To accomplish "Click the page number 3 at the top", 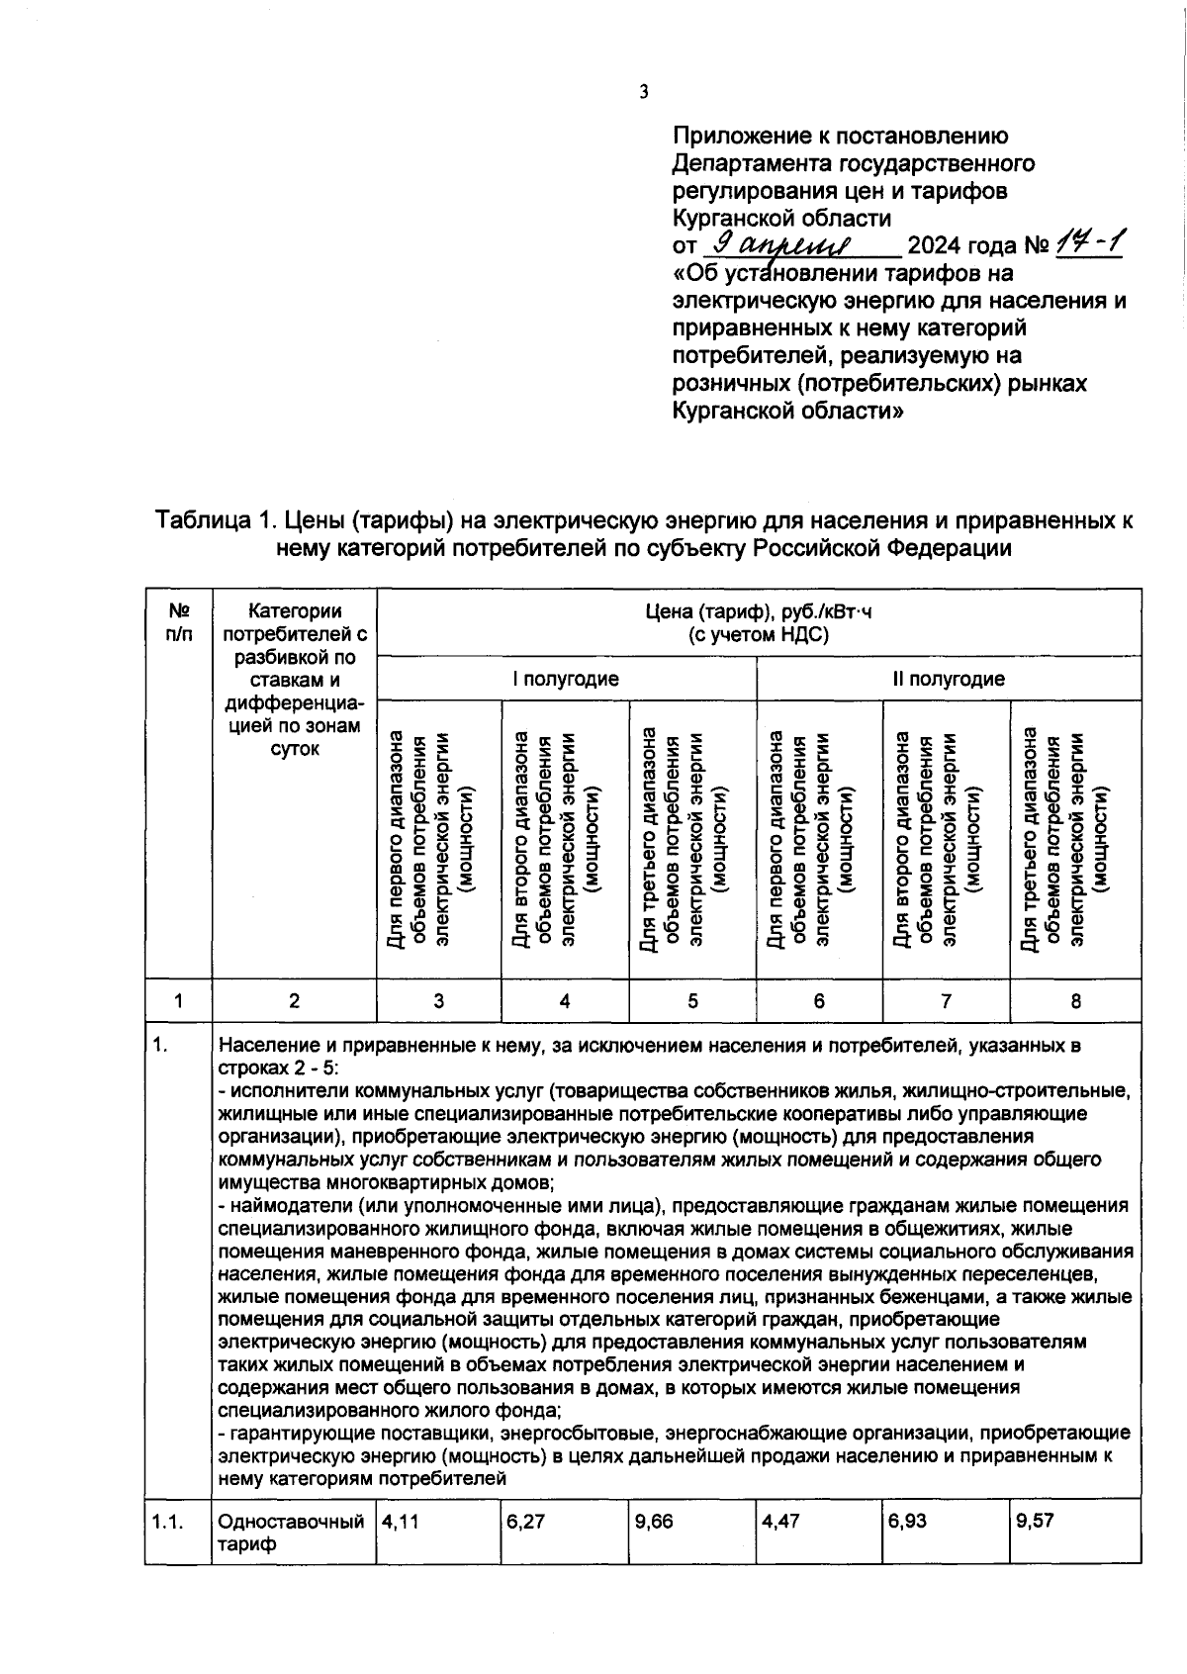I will tap(643, 92).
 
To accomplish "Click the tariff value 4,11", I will tap(400, 1522).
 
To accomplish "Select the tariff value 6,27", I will tap(525, 1522).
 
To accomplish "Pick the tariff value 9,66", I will tap(653, 1522).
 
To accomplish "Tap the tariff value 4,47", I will tap(780, 1522).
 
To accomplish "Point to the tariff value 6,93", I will tap(907, 1522).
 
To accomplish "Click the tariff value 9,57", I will tap(1035, 1522).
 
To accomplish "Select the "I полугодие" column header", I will tap(566, 679).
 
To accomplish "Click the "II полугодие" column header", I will tap(949, 679).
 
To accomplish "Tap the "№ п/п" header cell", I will tap(179, 622).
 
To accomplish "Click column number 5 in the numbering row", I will tap(692, 1001).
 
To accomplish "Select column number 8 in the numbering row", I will tap(1075, 1001).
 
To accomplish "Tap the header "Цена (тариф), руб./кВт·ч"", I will tap(759, 611).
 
